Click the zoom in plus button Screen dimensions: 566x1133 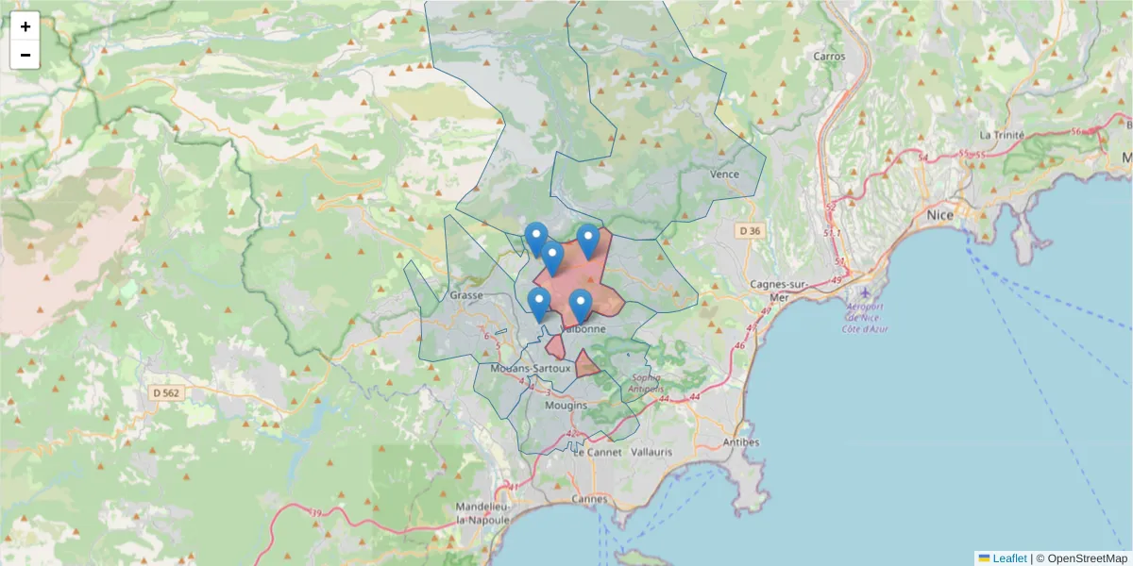click(x=25, y=26)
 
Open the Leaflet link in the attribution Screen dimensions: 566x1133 click(x=1008, y=558)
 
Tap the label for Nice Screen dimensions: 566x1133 click(x=939, y=215)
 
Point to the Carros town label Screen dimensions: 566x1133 click(x=829, y=56)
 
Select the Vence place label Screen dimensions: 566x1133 click(x=724, y=175)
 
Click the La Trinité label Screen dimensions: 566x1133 click(x=1002, y=135)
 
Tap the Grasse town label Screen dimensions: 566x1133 click(x=466, y=295)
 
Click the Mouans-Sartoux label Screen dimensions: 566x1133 click(x=532, y=368)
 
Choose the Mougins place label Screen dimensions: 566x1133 click(x=566, y=406)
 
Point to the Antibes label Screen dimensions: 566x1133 click(x=740, y=441)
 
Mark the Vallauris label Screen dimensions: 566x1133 click(x=651, y=452)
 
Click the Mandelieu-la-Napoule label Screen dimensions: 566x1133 click(x=483, y=513)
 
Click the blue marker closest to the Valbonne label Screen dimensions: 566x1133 click(x=580, y=307)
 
